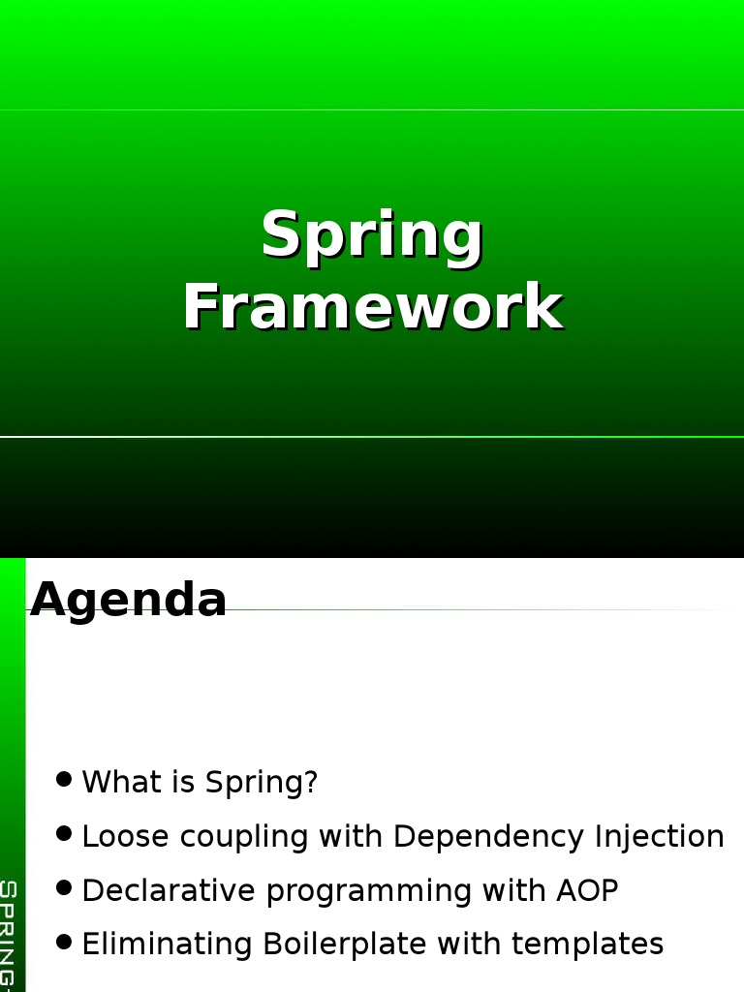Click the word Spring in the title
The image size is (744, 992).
coord(373,236)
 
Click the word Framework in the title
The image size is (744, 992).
coord(374,307)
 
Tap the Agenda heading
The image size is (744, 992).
coord(129,600)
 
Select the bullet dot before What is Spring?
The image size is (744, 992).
coord(64,779)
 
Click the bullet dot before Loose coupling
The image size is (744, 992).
coord(64,833)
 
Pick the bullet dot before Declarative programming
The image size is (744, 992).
coord(64,887)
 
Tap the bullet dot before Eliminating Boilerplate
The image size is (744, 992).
coord(64,942)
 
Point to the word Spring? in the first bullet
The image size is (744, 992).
coord(262,783)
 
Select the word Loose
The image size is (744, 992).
coord(126,836)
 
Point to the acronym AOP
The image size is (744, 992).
coord(587,891)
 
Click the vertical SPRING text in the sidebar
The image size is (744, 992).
coord(8,936)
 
